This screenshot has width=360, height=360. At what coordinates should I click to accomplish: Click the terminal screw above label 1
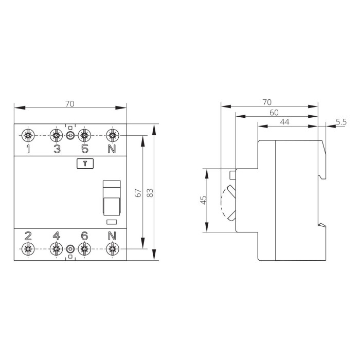pos(28,135)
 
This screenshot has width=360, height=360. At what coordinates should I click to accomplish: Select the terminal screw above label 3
pos(56,135)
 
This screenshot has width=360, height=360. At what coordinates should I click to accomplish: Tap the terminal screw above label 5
pos(84,135)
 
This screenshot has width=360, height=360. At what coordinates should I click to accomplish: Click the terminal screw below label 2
pos(28,249)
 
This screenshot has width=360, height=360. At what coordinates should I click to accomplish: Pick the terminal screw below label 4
pos(56,249)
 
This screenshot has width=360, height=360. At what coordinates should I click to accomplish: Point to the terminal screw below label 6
pos(84,249)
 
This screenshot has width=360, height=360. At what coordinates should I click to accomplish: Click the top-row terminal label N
pos(112,149)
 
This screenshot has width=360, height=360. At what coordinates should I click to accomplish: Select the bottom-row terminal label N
pos(112,236)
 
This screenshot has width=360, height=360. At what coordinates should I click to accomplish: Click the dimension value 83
pos(150,193)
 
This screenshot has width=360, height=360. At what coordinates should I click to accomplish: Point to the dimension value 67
pos(138,193)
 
